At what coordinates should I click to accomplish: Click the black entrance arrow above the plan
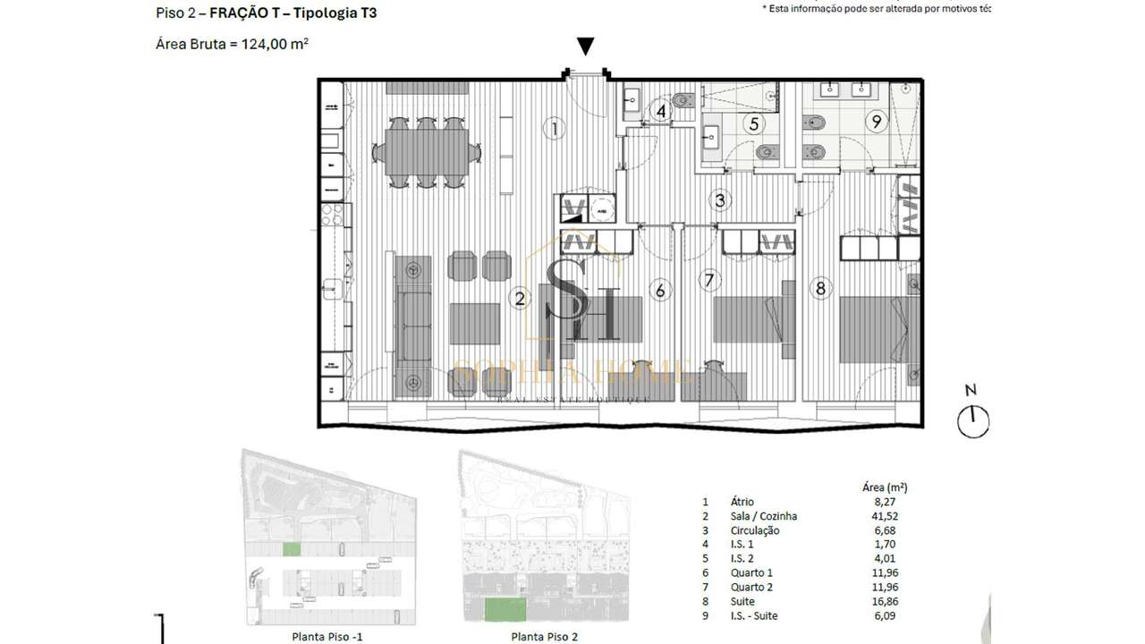(x=585, y=47)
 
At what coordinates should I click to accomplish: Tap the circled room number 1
(x=555, y=129)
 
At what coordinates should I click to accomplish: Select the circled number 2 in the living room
(x=519, y=299)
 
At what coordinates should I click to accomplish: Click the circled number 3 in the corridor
(x=720, y=200)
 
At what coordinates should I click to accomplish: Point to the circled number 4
(x=661, y=112)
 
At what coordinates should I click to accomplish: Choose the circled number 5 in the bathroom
(x=754, y=124)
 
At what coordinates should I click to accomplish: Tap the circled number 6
(x=660, y=290)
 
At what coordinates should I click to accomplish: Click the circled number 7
(x=709, y=280)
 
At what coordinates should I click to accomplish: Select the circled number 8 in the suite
(x=820, y=288)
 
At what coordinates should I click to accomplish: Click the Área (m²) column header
(x=884, y=487)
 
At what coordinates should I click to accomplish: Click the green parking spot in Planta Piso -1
(x=293, y=550)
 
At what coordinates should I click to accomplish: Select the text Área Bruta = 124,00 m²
(x=232, y=44)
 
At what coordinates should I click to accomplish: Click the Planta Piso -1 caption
(x=327, y=637)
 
